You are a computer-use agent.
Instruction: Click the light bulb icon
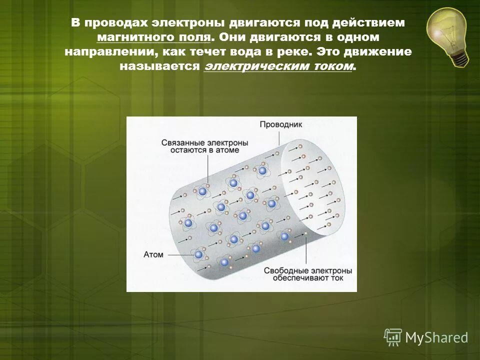tap(446, 33)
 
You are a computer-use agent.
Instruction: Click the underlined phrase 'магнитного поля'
tap(154, 37)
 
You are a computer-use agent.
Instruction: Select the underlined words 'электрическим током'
tap(278, 67)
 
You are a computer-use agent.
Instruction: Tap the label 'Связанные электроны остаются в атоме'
tap(197, 146)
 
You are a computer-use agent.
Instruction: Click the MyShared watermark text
tap(436, 337)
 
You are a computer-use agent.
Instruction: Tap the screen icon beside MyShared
tap(393, 337)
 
